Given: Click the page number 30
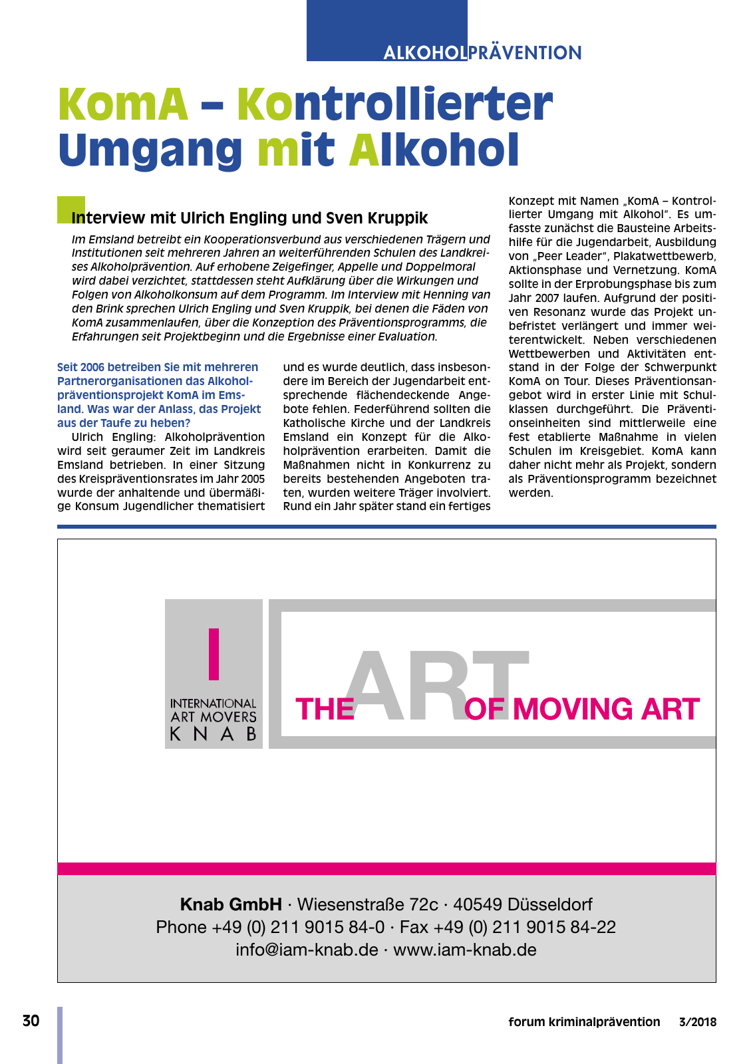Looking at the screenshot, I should pyautogui.click(x=31, y=1021).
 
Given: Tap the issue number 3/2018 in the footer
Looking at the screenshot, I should pyautogui.click(x=698, y=1022).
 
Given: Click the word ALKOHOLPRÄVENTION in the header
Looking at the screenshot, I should pyautogui.click(x=482, y=53).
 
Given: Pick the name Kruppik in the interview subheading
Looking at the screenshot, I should pyautogui.click(x=399, y=218).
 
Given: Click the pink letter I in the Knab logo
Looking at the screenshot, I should pyautogui.click(x=214, y=654).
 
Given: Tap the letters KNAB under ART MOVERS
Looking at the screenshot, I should pyautogui.click(x=214, y=734).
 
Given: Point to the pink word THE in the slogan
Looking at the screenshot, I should pyautogui.click(x=325, y=709).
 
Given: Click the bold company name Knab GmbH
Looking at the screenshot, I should pyautogui.click(x=231, y=904).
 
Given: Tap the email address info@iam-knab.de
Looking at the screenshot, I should pyautogui.click(x=307, y=950).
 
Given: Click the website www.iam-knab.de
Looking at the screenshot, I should pyautogui.click(x=465, y=950).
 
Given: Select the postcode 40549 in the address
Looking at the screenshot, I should pyautogui.click(x=478, y=904).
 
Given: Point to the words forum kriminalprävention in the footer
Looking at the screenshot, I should pyautogui.click(x=584, y=1022).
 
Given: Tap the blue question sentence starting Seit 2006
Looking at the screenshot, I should pyautogui.click(x=159, y=394).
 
